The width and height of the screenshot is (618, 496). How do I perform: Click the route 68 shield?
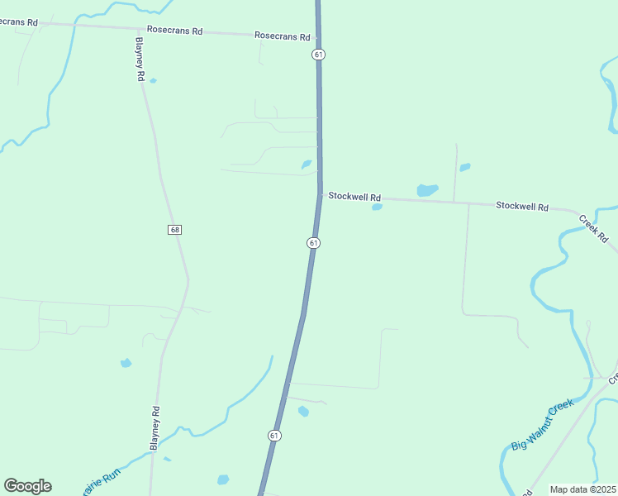174,229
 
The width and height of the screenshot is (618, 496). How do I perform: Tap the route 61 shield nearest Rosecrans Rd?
318,54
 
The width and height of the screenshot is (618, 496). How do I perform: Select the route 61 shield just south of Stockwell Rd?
313,242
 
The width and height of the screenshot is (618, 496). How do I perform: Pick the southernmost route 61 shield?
274,435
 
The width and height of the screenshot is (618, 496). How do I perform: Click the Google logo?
27,486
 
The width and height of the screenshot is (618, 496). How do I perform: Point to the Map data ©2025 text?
582,489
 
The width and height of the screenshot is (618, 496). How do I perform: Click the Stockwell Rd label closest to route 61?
354,197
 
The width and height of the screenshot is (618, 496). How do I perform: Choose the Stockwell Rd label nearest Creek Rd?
522,205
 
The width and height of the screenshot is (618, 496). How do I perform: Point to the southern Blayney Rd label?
154,427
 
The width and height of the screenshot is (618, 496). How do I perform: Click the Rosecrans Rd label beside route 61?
282,36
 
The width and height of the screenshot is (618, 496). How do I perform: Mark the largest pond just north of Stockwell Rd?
427,189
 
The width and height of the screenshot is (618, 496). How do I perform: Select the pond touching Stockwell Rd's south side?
378,207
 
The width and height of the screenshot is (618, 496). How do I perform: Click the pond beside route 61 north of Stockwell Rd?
307,165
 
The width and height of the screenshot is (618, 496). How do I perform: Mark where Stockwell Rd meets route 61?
320,195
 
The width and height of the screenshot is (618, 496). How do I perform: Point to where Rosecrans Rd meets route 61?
318,37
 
